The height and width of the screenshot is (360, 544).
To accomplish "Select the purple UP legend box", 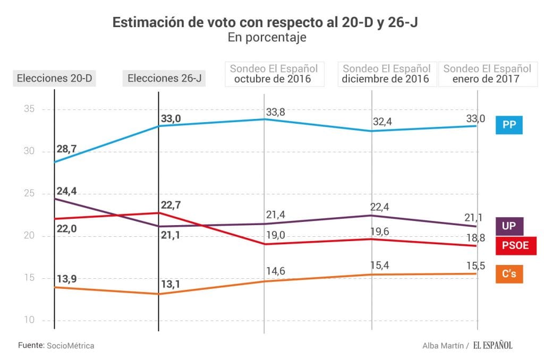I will pyautogui.click(x=509, y=226).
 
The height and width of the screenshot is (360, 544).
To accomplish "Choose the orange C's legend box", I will pyautogui.click(x=509, y=274).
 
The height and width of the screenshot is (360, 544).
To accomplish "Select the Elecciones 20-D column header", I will pyautogui.click(x=55, y=79).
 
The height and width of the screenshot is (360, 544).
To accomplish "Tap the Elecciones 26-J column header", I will pyautogui.click(x=164, y=79).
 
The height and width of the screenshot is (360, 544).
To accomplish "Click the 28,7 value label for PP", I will pyautogui.click(x=66, y=149).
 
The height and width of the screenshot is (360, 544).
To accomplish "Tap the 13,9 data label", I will pyautogui.click(x=66, y=279).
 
